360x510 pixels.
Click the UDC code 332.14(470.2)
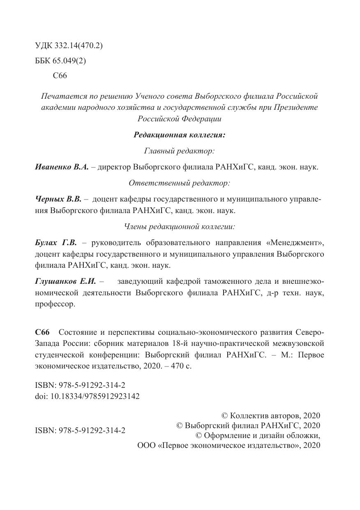coord(78,46)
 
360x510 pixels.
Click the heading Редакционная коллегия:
coord(180,135)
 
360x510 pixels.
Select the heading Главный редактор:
coord(180,151)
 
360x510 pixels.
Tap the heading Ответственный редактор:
coord(180,183)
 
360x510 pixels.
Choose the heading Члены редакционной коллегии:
coord(180,226)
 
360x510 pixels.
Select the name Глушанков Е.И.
coord(65,282)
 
